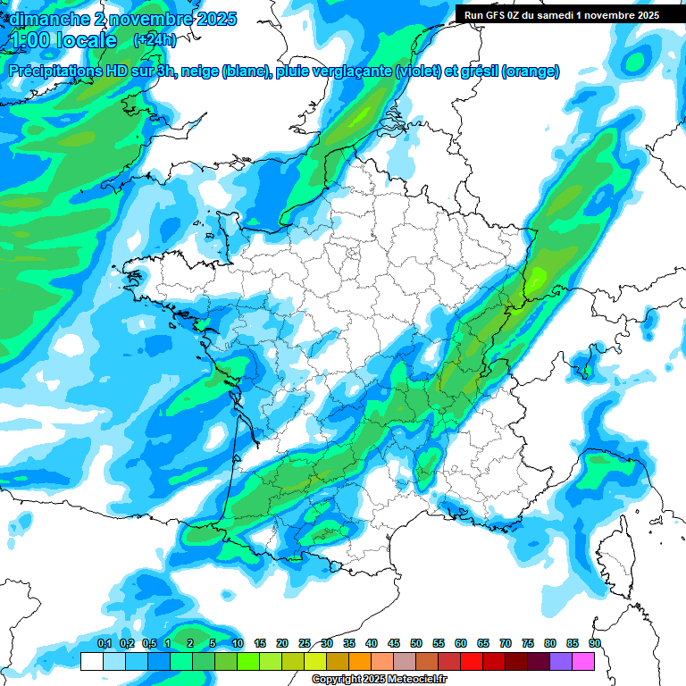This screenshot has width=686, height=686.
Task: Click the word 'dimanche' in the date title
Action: [42, 18]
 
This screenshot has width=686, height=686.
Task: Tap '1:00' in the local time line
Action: [29, 40]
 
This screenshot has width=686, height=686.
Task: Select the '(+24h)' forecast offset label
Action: [155, 40]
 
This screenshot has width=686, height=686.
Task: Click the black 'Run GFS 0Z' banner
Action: [559, 14]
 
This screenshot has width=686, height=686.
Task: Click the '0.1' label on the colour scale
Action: [104, 644]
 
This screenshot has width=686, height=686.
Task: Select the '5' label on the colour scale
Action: [213, 644]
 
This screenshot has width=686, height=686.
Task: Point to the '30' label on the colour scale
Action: [327, 644]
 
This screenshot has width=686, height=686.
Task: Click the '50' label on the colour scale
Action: [416, 644]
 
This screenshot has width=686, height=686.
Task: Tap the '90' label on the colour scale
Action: [595, 644]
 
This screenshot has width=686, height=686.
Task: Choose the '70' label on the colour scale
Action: [506, 644]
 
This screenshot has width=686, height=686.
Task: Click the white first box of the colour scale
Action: [91, 661]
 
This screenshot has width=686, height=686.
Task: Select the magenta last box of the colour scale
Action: [583, 661]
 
